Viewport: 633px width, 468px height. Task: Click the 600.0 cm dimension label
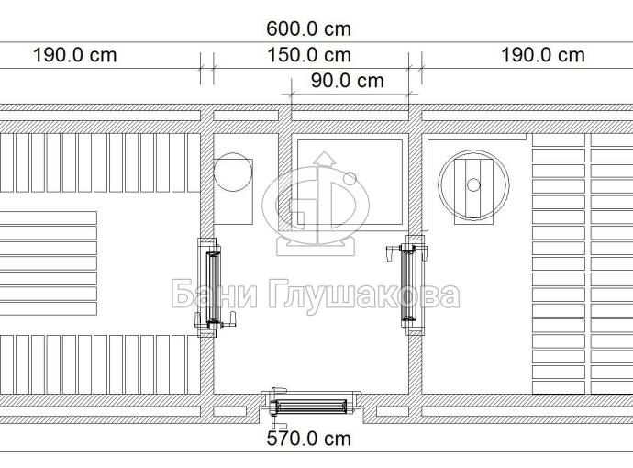[308, 29]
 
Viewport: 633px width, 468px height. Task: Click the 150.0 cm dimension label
[309, 55]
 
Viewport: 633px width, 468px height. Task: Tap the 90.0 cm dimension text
[347, 81]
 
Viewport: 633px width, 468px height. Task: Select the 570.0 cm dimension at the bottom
[308, 439]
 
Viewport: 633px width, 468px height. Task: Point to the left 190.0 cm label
[74, 55]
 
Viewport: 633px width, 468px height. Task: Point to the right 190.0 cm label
[542, 55]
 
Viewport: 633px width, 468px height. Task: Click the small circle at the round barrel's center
[473, 185]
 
